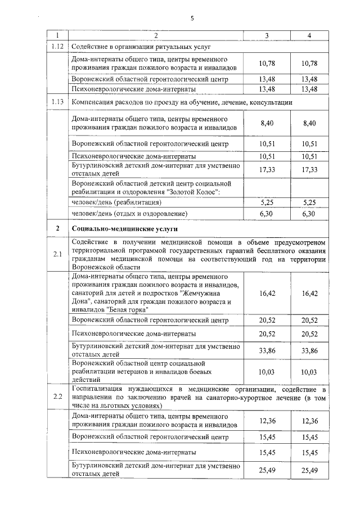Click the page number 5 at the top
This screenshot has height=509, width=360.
point(192,19)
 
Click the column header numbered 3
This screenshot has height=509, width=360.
point(267,35)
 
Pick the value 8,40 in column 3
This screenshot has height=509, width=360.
point(267,123)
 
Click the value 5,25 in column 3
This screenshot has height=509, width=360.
point(267,201)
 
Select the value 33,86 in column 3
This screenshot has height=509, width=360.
point(267,351)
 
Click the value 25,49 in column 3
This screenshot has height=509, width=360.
point(267,470)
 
